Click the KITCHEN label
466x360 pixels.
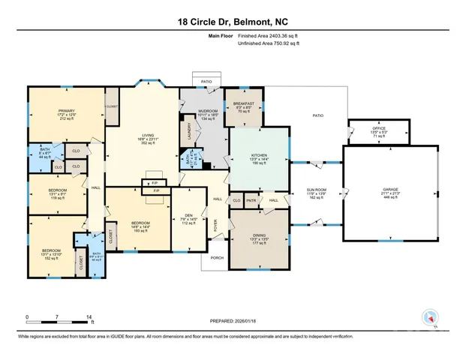(x=258, y=155)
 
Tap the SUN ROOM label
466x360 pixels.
(x=315, y=190)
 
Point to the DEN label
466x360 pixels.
(x=189, y=215)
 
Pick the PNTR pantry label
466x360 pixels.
(x=251, y=200)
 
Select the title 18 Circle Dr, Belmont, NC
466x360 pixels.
(x=233, y=22)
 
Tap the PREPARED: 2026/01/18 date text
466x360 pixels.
(x=233, y=320)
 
